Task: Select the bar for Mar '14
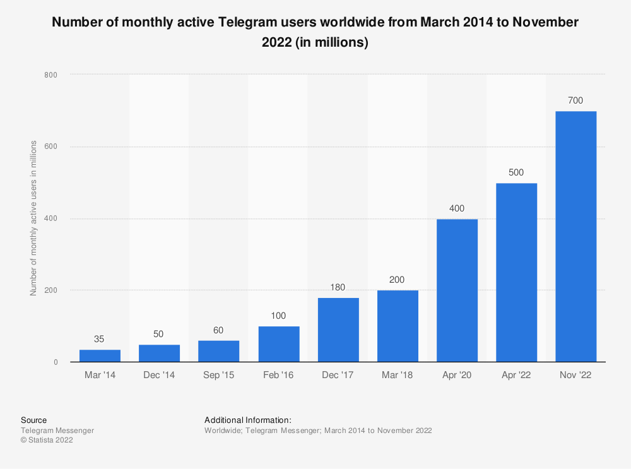tap(100, 356)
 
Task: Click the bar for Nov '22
tap(575, 237)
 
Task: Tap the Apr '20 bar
tap(457, 290)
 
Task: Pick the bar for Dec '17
tap(338, 329)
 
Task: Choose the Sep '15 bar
tap(219, 351)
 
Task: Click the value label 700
tap(575, 100)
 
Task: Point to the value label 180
tap(338, 287)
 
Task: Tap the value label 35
tap(100, 339)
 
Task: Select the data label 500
tap(516, 172)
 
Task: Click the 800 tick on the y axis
tap(51, 75)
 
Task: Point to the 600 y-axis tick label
tap(51, 147)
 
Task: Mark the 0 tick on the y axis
tap(56, 362)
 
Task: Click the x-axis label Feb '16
tap(278, 375)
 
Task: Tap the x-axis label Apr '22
tap(516, 375)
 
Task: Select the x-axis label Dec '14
tap(159, 375)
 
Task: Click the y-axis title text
tap(33, 218)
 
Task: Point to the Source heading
tap(33, 420)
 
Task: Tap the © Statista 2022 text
tap(47, 441)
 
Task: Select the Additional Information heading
tap(247, 420)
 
